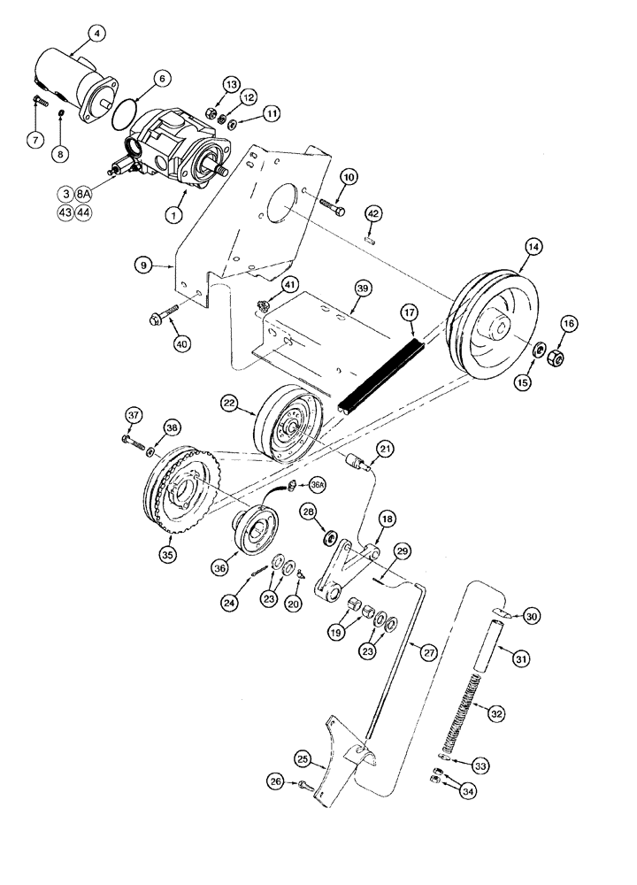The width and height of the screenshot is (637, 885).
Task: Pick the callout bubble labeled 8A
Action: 81,192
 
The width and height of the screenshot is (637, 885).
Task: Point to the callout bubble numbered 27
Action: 428,652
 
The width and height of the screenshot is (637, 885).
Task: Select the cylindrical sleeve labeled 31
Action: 495,650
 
